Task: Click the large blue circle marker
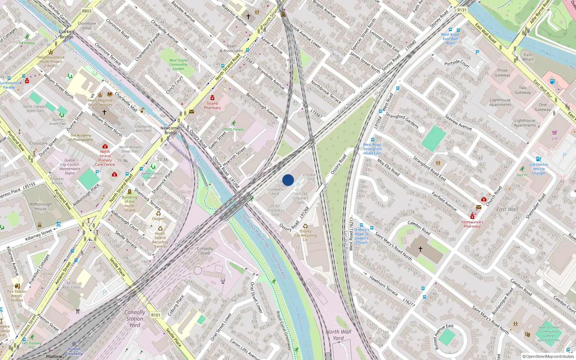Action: tap(288, 180)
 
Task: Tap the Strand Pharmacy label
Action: tap(212, 105)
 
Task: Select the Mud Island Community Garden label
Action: tap(178, 64)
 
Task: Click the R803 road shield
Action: tap(87, 11)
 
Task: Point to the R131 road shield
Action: tap(462, 10)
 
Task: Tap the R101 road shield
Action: tap(156, 315)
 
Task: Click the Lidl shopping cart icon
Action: tap(554, 133)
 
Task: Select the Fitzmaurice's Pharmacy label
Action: tap(472, 224)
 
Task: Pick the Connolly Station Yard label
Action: tap(135, 319)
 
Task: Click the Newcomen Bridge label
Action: tap(171, 130)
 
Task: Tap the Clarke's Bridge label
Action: tap(67, 34)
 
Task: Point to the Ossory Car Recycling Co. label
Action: tap(305, 235)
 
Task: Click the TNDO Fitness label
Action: tap(233, 129)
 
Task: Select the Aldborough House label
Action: tap(41, 206)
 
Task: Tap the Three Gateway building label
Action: tap(502, 73)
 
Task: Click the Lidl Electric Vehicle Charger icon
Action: tap(539, 159)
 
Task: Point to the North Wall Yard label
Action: tap(338, 335)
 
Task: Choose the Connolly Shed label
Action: tap(205, 251)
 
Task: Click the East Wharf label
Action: tap(528, 57)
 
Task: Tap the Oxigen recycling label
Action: tap(158, 219)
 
